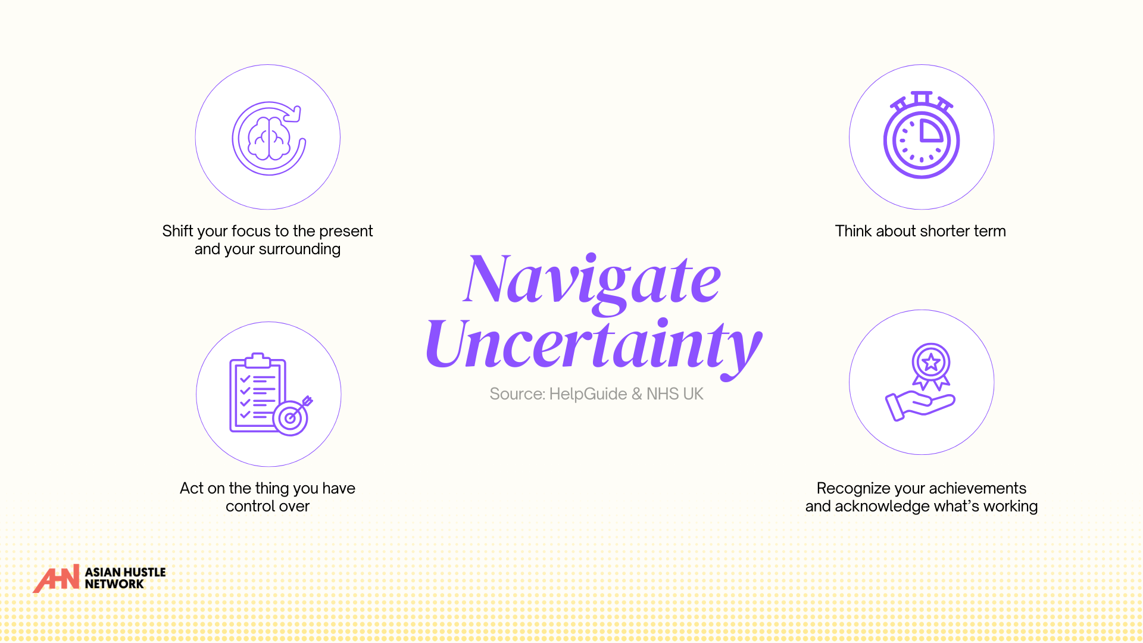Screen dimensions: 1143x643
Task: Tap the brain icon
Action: [269, 139]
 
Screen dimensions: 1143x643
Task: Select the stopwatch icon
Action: [922, 135]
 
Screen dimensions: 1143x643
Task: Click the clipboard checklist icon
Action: [258, 392]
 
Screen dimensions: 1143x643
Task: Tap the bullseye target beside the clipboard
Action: [291, 417]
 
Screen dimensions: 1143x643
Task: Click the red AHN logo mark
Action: [57, 579]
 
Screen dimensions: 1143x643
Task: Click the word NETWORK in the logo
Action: [114, 584]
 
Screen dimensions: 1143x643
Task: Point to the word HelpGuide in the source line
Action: [588, 394]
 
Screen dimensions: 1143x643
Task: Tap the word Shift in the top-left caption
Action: [177, 231]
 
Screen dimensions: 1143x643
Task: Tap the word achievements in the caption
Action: [978, 488]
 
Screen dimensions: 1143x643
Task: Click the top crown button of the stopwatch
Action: [922, 96]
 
